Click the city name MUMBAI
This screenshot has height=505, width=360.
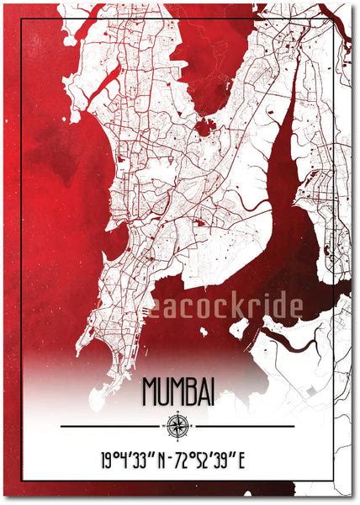[177, 391]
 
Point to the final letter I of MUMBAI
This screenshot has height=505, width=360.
[211, 391]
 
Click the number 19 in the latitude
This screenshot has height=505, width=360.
[107, 461]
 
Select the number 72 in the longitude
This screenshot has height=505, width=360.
[190, 461]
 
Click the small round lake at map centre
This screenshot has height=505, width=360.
[202, 129]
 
